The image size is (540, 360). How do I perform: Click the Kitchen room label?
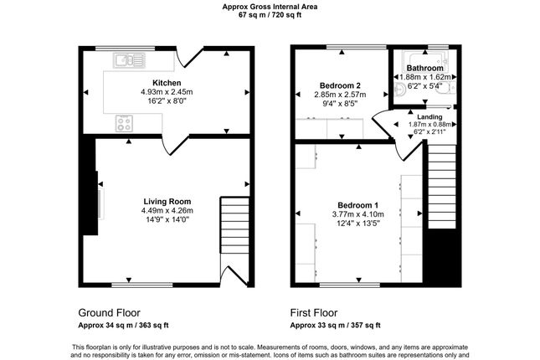pos(167,83)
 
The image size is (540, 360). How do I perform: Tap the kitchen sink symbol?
pos(129,60)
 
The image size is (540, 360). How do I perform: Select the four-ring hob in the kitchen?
pos(124,123)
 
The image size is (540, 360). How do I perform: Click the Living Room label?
pos(167,202)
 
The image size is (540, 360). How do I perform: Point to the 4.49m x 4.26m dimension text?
pos(167,210)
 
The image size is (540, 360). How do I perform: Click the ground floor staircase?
pos(234,225)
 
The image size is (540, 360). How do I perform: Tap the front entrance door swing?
pos(234,275)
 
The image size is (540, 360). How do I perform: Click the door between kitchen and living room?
pos(175,146)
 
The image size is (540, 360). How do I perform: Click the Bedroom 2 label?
pos(340,85)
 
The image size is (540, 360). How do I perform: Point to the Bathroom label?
pos(424,68)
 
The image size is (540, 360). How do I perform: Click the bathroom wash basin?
pos(400,90)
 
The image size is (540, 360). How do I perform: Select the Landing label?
pos(429,116)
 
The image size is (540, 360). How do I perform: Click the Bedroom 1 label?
pos(357,205)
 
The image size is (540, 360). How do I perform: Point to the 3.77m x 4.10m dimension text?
pos(357,214)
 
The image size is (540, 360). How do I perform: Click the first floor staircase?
pos(442,187)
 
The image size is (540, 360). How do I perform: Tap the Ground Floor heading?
pos(109,313)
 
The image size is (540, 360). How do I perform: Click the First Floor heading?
pos(314,313)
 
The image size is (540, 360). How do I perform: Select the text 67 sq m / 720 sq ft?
pos(270,15)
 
